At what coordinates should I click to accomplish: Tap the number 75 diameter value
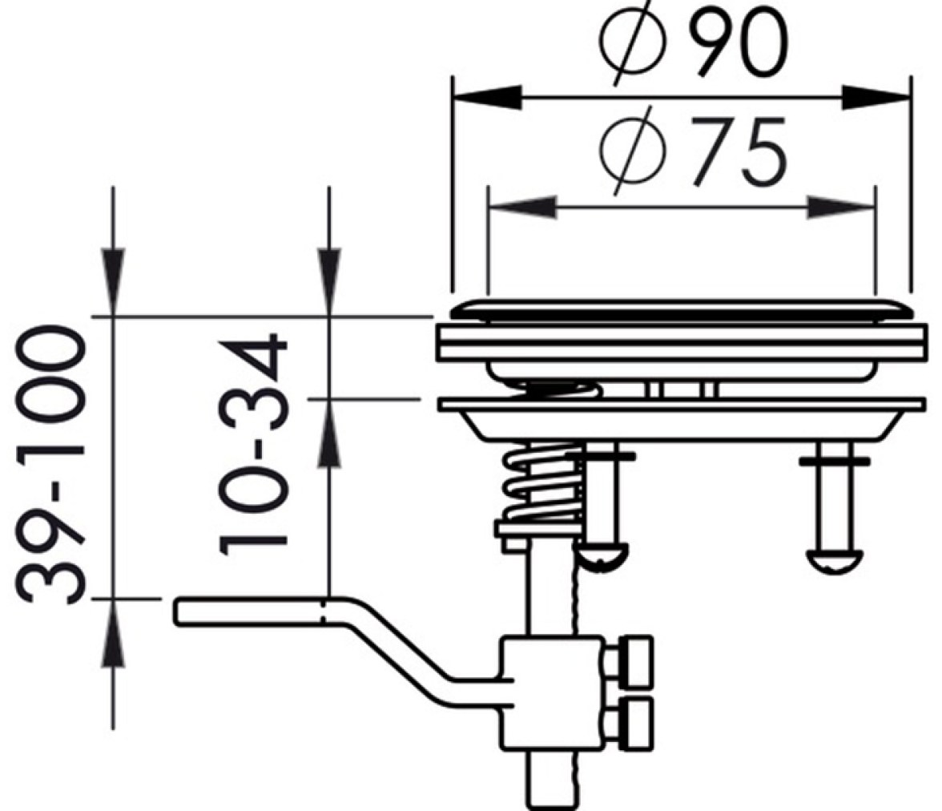click(738, 152)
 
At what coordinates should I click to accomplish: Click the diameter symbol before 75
click(633, 151)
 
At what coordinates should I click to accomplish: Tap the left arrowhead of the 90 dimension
click(487, 97)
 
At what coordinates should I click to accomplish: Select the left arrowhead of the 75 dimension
click(522, 208)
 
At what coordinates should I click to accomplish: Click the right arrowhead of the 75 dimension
click(840, 208)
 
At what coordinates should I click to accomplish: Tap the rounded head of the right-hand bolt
click(835, 560)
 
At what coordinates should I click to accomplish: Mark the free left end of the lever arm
click(176, 611)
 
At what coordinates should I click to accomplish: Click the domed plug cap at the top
click(682, 310)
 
